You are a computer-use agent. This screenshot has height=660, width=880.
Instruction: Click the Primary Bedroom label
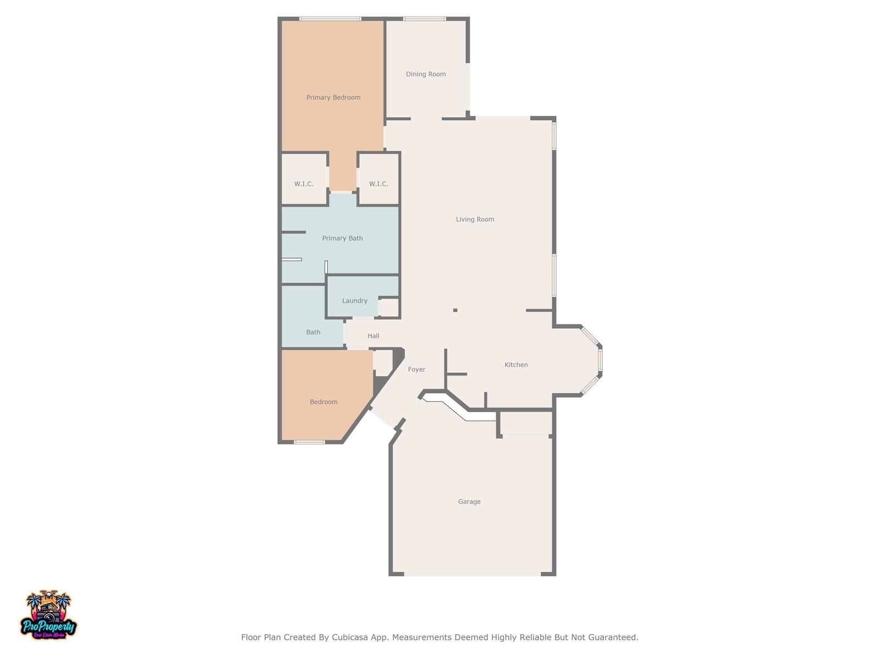tap(333, 97)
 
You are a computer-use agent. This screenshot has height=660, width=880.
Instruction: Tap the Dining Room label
tap(426, 74)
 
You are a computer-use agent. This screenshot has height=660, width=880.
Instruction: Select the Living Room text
tap(475, 219)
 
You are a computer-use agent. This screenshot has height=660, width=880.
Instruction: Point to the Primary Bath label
tap(343, 238)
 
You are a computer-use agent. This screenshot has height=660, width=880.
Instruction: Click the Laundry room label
tap(354, 300)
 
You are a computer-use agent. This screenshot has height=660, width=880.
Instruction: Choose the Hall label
tap(373, 336)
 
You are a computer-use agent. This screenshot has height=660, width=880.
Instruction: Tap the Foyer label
tap(416, 370)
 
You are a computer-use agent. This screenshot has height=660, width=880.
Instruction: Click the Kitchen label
tap(516, 365)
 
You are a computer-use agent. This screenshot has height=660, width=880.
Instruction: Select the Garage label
tap(469, 501)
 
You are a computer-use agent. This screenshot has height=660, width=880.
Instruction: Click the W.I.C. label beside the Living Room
tap(378, 184)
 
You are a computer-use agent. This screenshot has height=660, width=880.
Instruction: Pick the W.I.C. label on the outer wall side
tap(304, 184)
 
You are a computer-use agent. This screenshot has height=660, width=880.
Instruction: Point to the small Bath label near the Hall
tap(313, 332)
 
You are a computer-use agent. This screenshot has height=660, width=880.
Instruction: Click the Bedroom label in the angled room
tap(323, 402)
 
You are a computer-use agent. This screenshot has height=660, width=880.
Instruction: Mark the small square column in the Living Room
tap(455, 310)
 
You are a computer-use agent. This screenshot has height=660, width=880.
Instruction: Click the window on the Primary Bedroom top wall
tap(331, 19)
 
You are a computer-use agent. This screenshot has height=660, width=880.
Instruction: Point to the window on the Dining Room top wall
tap(425, 19)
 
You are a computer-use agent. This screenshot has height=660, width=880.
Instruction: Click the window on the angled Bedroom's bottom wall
tap(309, 442)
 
